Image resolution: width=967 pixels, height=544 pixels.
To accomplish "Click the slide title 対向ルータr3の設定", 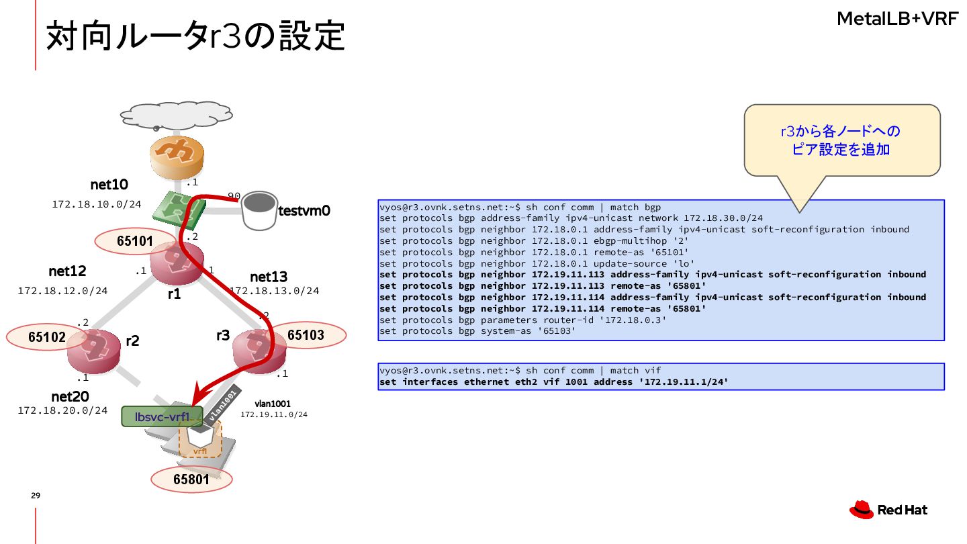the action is pos(195,36).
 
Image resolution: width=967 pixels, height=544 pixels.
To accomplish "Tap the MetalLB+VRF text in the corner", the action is pos(897,19).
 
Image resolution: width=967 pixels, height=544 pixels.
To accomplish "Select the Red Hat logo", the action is pos(888,510).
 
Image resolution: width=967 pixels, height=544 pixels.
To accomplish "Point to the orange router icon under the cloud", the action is pos(176,155).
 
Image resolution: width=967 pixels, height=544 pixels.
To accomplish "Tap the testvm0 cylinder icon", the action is pos(259,209).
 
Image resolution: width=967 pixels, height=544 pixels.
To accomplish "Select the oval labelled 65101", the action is pos(135,241).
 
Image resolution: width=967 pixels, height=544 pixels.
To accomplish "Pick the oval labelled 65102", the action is pos(46,336).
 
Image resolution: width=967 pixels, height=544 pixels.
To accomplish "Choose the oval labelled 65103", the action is pos(306,334).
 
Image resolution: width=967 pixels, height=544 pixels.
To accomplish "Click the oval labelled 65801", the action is pos(191,480).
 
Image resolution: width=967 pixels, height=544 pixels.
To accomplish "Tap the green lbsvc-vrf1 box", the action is pos(162,416).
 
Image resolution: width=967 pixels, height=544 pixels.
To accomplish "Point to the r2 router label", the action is pos(132,341).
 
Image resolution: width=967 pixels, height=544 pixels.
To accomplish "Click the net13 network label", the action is pos(269,277).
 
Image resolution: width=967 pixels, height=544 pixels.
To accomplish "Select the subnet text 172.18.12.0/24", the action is pos(62,291).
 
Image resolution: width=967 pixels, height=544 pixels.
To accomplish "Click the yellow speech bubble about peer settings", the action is pos(841,140).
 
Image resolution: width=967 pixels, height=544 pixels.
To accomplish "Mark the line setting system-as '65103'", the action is pos(477,331).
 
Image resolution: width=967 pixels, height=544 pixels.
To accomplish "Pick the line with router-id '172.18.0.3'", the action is pos(522,320).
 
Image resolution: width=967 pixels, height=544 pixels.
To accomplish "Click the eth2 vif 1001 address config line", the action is pos(553,382).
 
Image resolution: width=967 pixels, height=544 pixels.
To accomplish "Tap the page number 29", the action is pos(36,496).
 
